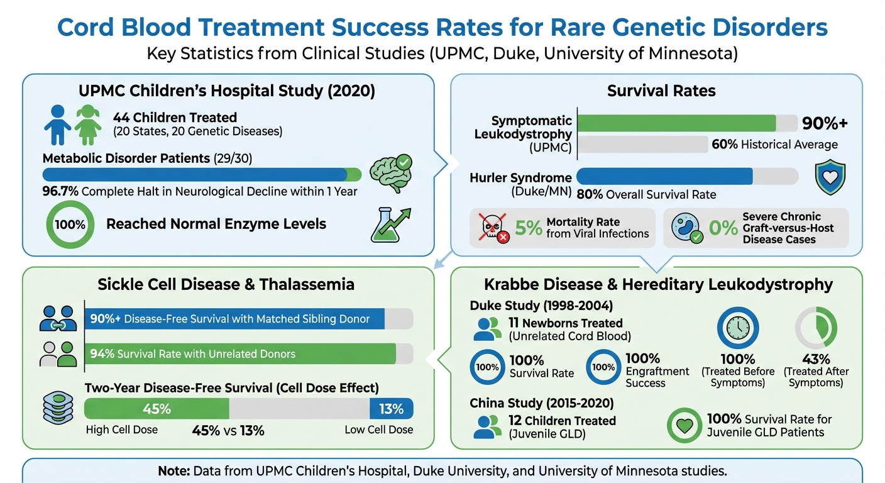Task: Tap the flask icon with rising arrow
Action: coord(388,225)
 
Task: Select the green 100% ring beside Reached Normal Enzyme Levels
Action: coord(70,225)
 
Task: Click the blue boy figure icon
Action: coord(58,125)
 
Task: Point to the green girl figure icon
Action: coord(87,125)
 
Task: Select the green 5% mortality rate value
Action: coord(528,228)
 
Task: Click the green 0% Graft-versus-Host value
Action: coord(723,228)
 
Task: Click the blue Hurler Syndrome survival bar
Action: coord(664,176)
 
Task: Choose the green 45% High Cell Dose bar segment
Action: coord(157,409)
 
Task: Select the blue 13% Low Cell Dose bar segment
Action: coord(391,409)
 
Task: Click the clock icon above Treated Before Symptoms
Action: coord(738,328)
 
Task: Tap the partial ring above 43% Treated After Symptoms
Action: coord(816,328)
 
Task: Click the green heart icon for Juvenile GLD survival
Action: coord(684,426)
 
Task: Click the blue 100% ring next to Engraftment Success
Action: coord(604,367)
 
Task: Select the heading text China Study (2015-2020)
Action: coord(542,403)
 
